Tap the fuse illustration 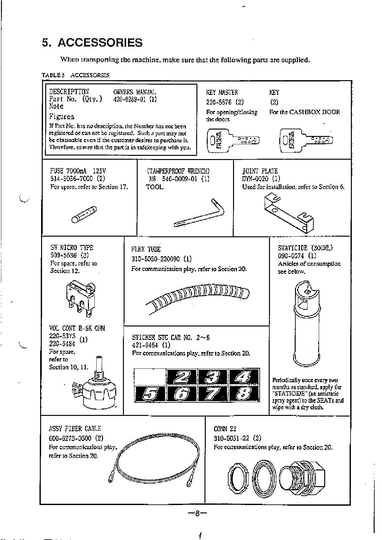(84, 215)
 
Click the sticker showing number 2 (181, 376)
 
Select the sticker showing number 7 (213, 393)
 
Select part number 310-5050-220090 (157, 259)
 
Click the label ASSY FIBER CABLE (75, 428)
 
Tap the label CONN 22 (225, 429)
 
